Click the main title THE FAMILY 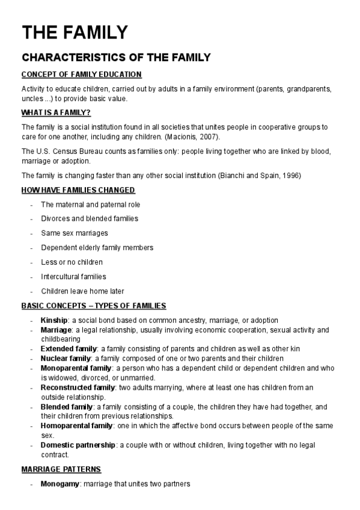[75, 32]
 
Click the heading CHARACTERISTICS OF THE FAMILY [116, 58]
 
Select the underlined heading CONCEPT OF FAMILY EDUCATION [81, 75]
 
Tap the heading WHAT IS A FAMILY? [56, 112]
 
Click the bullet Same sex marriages [66, 233]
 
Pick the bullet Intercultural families [73, 277]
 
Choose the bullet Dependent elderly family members [97, 247]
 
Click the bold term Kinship [53, 320]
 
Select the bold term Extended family [69, 349]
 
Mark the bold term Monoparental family [76, 368]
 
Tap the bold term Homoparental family [77, 426]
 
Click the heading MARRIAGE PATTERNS [61, 469]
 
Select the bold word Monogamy [58, 484]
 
